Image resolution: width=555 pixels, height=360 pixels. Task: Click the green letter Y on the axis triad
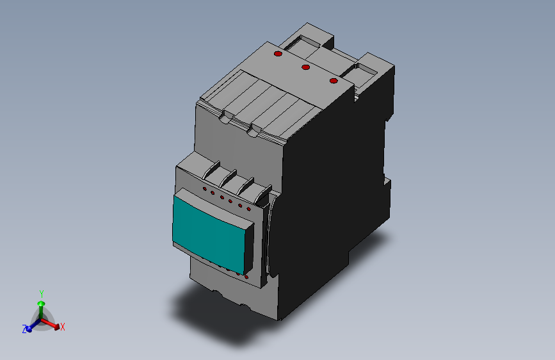pyautogui.click(x=41, y=293)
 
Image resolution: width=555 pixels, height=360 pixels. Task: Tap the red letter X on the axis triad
pyautogui.click(x=63, y=327)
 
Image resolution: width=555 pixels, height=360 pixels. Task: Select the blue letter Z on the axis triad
pyautogui.click(x=24, y=329)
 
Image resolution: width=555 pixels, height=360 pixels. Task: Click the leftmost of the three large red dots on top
pyautogui.click(x=278, y=54)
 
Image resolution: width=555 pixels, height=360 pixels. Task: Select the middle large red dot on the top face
pyautogui.click(x=305, y=67)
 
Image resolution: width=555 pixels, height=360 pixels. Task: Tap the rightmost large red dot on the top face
pyautogui.click(x=333, y=80)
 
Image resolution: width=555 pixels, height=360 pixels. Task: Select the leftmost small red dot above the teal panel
pyautogui.click(x=205, y=190)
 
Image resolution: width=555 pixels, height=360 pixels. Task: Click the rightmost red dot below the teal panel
pyautogui.click(x=247, y=277)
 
